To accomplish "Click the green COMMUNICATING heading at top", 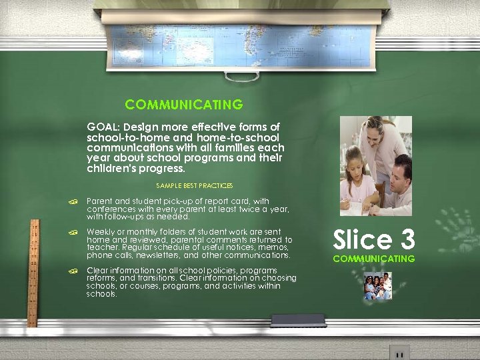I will tap(183, 105).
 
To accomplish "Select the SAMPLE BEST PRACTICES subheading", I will tap(194, 185).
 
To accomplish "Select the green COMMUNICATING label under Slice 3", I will tap(373, 259).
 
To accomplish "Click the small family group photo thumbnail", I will tap(377, 286).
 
